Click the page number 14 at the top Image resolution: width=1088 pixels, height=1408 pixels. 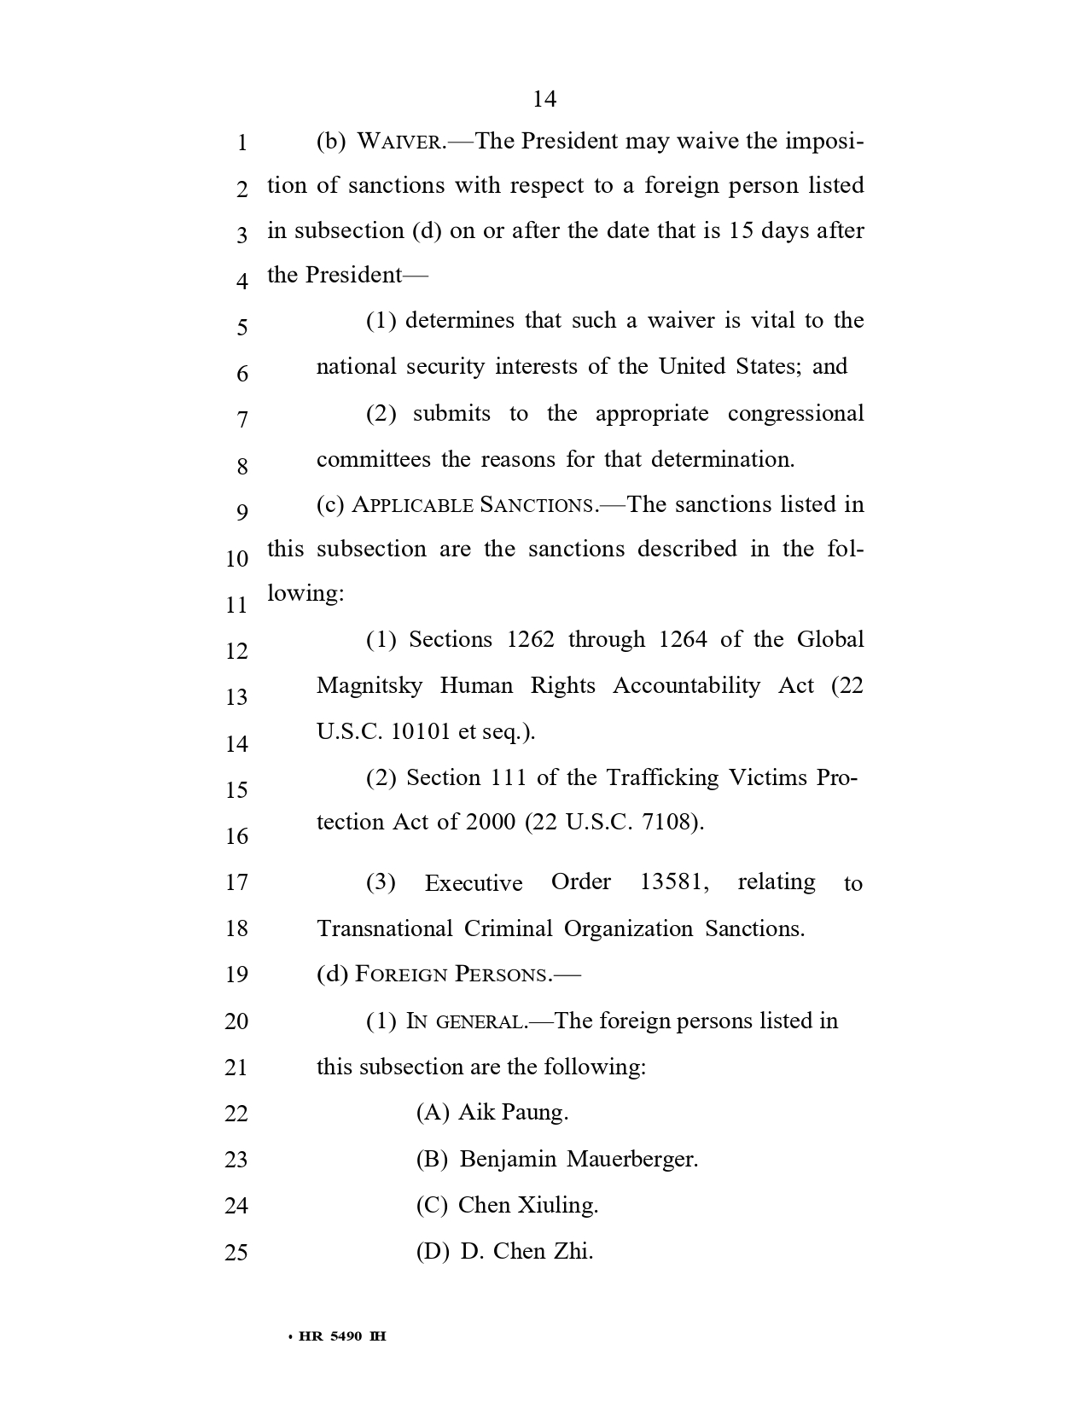tap(544, 100)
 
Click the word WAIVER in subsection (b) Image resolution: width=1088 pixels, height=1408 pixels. tap(399, 142)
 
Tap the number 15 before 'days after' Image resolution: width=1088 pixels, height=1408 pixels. tap(742, 231)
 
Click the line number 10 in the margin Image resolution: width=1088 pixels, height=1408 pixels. tap(236, 559)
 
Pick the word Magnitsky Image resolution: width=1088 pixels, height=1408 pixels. tap(369, 686)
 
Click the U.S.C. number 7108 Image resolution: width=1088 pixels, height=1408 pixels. tap(672, 823)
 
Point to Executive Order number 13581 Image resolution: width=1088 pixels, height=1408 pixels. tap(673, 881)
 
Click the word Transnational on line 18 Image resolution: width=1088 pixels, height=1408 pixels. tap(384, 928)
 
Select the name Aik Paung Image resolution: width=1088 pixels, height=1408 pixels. tap(513, 1113)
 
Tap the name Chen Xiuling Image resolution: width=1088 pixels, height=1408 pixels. tap(528, 1206)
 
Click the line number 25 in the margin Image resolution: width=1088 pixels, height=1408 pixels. tap(236, 1253)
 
